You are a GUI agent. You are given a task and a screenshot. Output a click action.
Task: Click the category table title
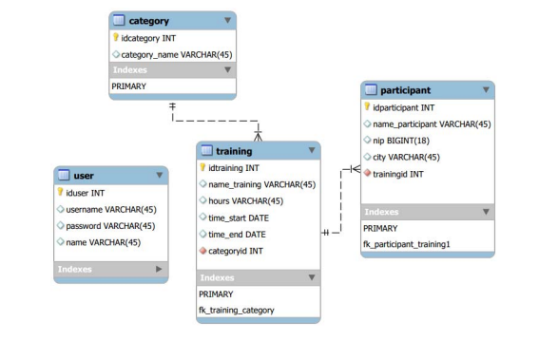coord(148,20)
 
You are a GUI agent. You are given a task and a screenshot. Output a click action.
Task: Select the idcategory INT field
coord(147,38)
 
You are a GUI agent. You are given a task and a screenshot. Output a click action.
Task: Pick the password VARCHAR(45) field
coord(110,226)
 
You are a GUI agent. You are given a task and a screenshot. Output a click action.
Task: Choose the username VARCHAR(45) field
coord(111,209)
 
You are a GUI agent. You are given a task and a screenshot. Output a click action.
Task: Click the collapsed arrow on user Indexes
coord(159,270)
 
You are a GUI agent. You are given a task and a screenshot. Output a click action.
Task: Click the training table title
coord(234,151)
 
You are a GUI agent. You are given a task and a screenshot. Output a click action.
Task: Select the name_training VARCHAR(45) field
coord(261,184)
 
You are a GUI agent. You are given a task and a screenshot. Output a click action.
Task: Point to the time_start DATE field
coord(238,218)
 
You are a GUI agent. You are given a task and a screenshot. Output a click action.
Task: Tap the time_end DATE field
coord(237,234)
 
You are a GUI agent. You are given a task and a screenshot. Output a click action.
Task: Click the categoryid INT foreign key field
coord(236,251)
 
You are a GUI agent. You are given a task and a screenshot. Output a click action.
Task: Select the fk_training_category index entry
coord(237,310)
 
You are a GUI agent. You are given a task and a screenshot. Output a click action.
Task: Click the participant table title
coord(405,90)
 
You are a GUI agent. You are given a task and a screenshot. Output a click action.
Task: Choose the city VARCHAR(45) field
coord(406,157)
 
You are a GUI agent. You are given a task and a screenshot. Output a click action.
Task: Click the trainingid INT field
coord(398,174)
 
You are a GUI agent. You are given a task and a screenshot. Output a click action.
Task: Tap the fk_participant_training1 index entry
coord(407,244)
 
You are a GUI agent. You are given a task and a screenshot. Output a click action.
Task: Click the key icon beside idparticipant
coord(368,107)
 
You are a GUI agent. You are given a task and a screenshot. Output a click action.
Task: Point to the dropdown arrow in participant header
coord(486,90)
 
